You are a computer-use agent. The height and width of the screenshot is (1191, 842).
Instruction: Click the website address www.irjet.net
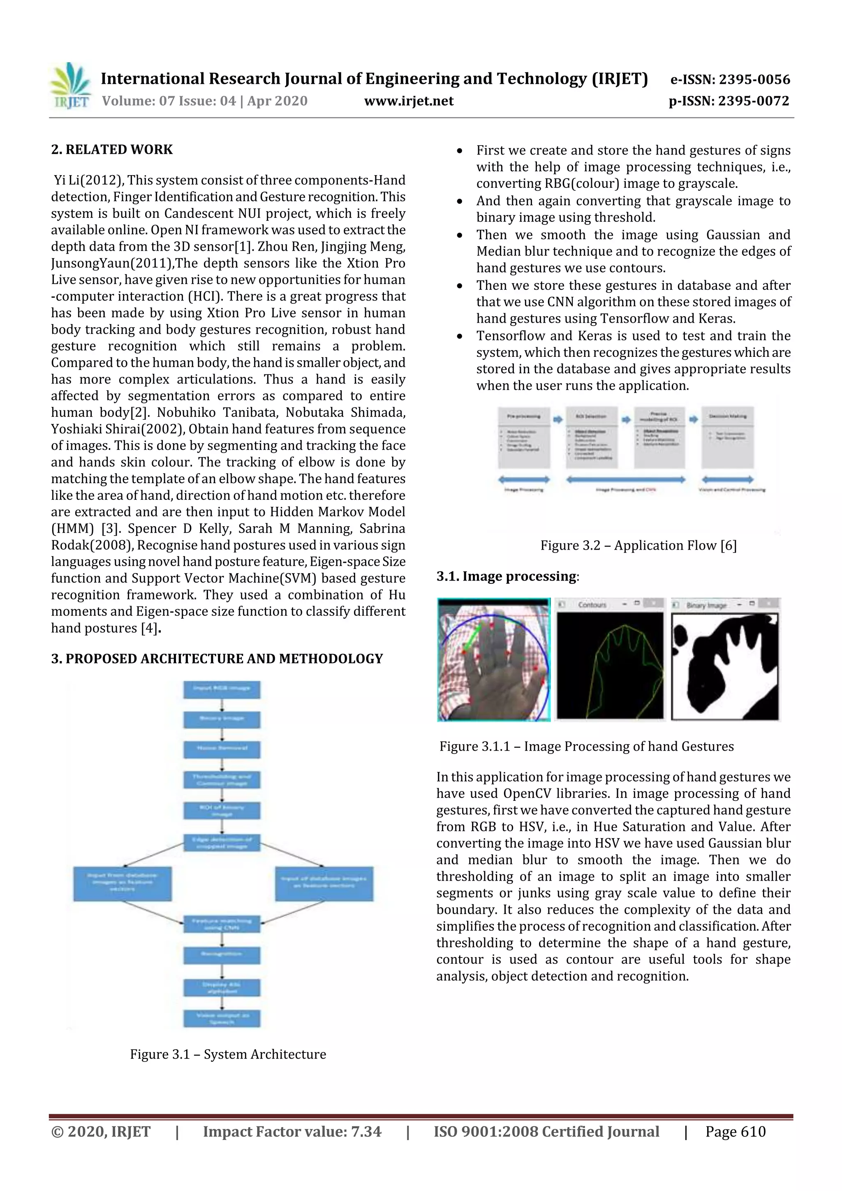(409, 101)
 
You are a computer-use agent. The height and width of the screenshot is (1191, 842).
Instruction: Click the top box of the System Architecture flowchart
(222, 689)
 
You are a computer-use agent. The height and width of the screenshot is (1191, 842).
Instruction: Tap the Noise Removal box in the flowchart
(222, 749)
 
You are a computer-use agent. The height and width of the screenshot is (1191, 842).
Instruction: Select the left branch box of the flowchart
(122, 883)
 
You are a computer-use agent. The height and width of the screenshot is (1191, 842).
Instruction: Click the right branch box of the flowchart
(324, 883)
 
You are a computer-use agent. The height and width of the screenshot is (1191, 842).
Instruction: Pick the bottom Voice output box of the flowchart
(222, 1018)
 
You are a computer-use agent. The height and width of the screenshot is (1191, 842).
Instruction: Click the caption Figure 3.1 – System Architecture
(228, 1055)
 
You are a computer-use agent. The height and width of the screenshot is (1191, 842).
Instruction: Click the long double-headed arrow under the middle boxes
(625, 480)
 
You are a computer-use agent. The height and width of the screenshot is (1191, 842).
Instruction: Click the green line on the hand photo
(473, 638)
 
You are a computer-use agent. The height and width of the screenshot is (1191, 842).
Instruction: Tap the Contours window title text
(592, 605)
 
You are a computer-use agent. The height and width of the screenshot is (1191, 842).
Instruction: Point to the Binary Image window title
(706, 605)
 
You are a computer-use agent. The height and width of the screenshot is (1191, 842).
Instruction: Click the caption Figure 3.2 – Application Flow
(638, 546)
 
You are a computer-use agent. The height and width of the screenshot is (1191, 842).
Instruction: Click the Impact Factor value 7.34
(366, 1132)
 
